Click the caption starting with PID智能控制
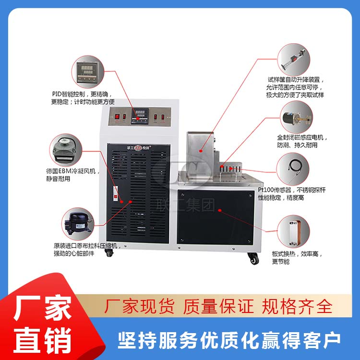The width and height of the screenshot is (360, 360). point(83,97)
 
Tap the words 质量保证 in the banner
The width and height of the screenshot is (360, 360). point(219,306)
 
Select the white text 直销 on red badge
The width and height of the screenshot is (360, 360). point(42,338)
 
